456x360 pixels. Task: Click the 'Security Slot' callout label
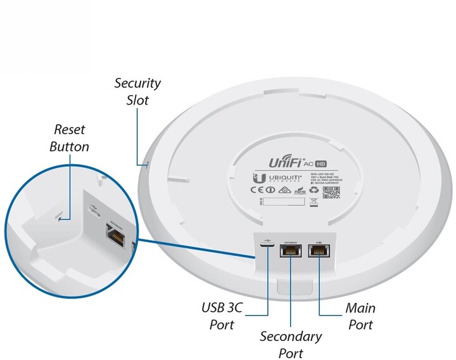click(x=137, y=91)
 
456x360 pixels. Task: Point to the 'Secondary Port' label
click(x=291, y=344)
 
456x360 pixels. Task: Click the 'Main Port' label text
click(x=360, y=316)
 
